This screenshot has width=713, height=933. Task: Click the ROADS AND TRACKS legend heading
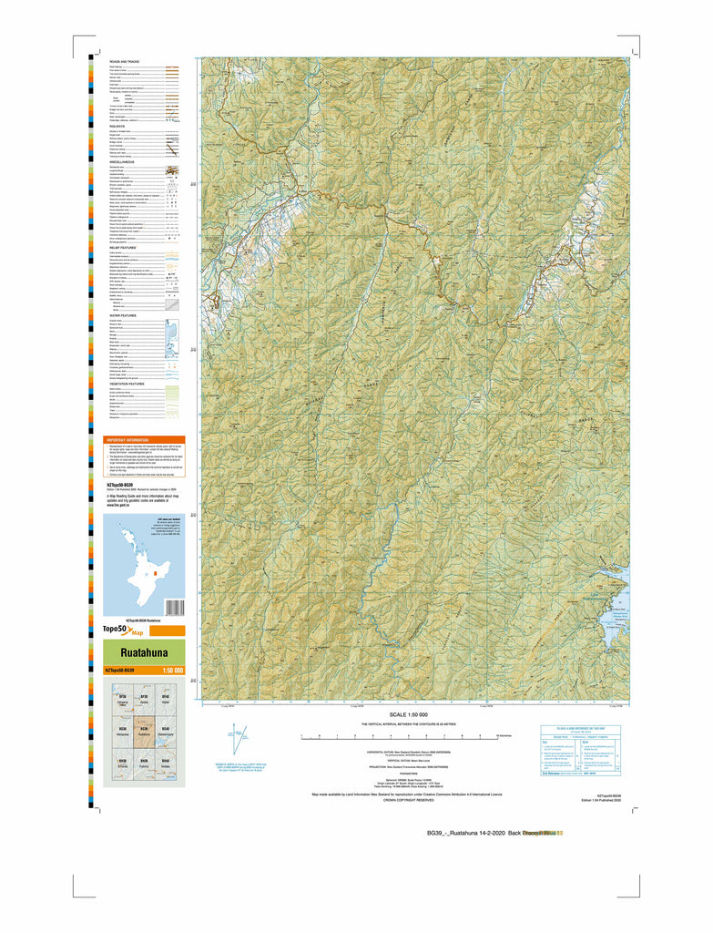coord(127,61)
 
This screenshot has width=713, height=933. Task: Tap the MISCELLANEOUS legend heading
coord(125,161)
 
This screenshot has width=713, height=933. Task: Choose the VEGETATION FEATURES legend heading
coord(131,384)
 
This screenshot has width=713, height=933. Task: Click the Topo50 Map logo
coord(124,631)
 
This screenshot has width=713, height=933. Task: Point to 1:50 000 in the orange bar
coord(172,672)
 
